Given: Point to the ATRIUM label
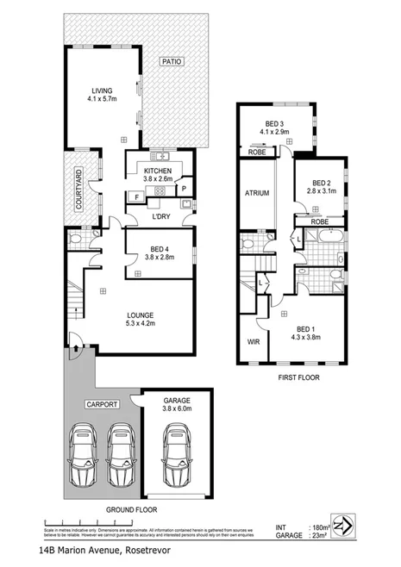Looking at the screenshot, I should coord(258,194).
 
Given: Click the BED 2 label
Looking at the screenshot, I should coord(322,184).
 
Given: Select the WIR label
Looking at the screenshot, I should coord(254,341).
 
